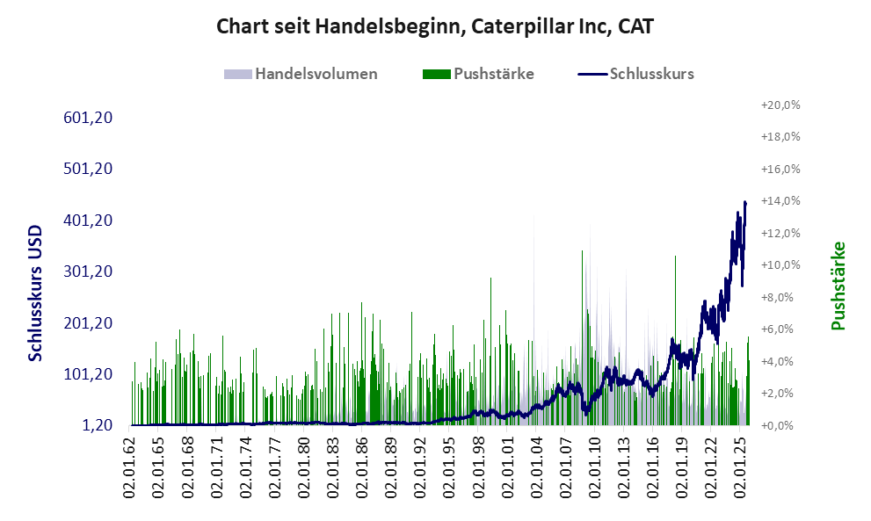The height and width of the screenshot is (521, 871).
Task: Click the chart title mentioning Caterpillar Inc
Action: (435, 26)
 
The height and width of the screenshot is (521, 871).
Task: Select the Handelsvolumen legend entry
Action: (316, 74)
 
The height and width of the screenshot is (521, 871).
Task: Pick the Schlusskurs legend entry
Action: (651, 74)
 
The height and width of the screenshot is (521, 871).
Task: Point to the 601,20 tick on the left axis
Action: (91, 118)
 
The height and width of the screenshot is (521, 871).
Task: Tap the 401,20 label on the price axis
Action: (91, 221)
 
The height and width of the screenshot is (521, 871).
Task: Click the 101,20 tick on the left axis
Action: (91, 374)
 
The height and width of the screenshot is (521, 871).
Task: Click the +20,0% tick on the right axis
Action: (780, 105)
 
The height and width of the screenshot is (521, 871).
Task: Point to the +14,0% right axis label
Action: (780, 201)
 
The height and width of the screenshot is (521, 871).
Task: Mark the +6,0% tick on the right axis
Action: (780, 329)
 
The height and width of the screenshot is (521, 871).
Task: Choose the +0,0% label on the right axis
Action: (780, 425)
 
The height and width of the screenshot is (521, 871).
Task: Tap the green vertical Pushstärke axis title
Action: (838, 286)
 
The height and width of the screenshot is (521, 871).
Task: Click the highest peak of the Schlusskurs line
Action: (745, 202)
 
